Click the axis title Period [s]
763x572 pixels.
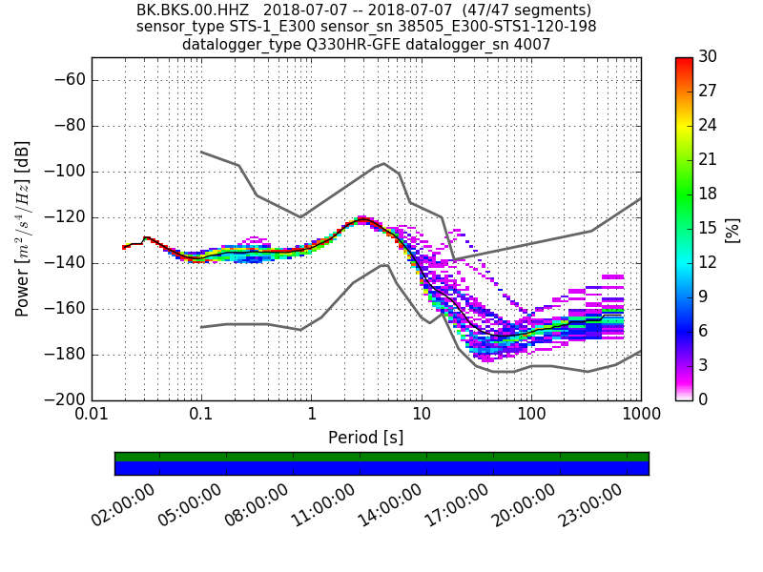point(365,437)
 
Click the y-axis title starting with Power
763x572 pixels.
point(23,229)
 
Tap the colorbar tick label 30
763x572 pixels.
point(707,57)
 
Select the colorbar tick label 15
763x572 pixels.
point(707,228)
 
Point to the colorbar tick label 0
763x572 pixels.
point(703,399)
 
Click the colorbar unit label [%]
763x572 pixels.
point(732,229)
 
